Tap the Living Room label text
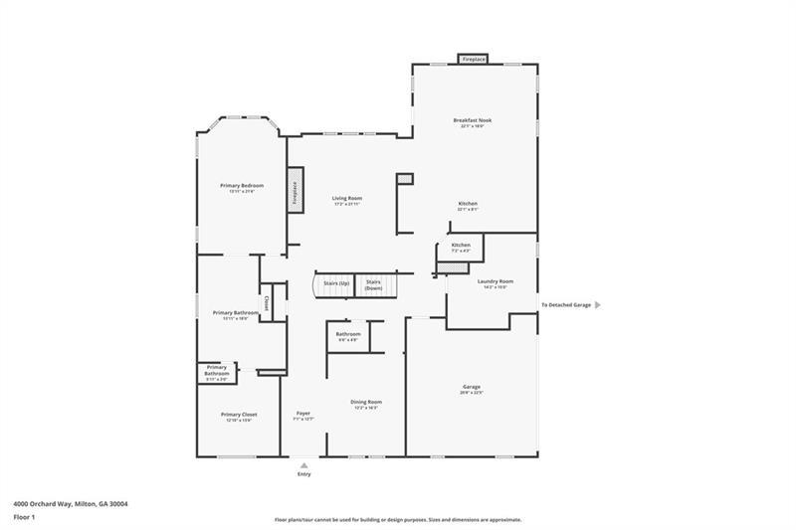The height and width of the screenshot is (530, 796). pos(347,198)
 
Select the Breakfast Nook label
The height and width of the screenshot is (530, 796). pos(473,120)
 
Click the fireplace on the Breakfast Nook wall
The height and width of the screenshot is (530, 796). pos(474,60)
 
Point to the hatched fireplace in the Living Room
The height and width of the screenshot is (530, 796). pos(296,189)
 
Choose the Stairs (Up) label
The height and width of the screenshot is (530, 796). pos(336,282)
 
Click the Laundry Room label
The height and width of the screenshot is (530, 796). pos(495,281)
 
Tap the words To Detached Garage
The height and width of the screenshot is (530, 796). pos(566,305)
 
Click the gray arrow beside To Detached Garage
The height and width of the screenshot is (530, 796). pos(597,305)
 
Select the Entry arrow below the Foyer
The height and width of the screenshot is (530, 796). pos(303,463)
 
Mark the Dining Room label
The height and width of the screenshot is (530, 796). pos(366,402)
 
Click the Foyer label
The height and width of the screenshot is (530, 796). pos(303,414)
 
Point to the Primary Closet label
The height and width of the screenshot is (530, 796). pos(239,414)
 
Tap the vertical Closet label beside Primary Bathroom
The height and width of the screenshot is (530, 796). pos(266,302)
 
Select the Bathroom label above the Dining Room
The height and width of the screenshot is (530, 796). pos(348,334)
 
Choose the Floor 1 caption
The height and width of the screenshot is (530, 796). pos(24,517)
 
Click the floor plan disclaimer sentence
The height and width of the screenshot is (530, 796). pos(398,519)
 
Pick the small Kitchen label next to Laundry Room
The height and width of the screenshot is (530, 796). pos(461,245)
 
